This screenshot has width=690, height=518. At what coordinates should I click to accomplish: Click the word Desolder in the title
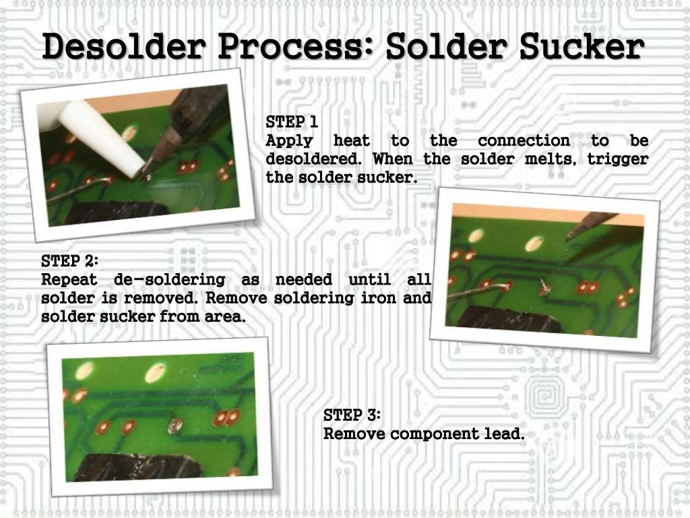pyautogui.click(x=127, y=48)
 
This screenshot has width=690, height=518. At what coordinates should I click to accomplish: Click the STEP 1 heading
pyautogui.click(x=292, y=122)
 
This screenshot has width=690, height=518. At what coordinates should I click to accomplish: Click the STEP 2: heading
pyautogui.click(x=70, y=260)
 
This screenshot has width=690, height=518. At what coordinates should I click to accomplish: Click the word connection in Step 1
pyautogui.click(x=524, y=141)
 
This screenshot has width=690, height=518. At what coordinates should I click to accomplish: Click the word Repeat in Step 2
pyautogui.click(x=69, y=279)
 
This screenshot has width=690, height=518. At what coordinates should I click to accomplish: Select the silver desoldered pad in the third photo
pyautogui.click(x=175, y=425)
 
